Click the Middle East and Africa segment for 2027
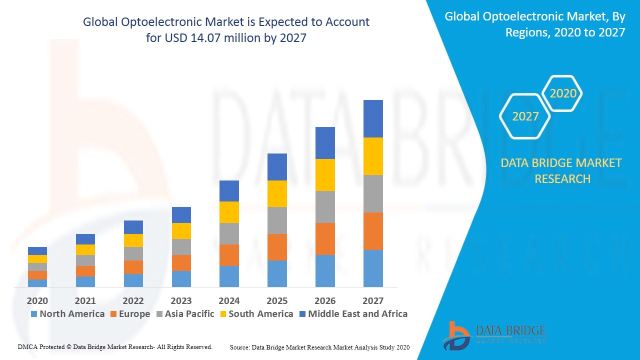click(x=373, y=118)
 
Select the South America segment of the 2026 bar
click(x=325, y=175)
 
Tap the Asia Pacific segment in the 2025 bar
click(x=277, y=220)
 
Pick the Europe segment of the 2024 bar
click(x=229, y=255)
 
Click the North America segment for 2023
click(x=181, y=278)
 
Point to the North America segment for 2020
click(x=37, y=283)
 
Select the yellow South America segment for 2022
click(x=133, y=240)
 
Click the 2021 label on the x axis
click(x=85, y=300)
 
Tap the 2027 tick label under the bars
click(x=373, y=300)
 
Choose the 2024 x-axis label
click(x=229, y=300)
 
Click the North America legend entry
click(x=67, y=314)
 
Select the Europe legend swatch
click(x=113, y=314)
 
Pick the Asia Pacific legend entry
click(x=185, y=314)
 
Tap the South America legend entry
click(x=256, y=314)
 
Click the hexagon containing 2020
click(x=562, y=93)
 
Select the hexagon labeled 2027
click(x=525, y=116)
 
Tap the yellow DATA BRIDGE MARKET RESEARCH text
click(x=561, y=170)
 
